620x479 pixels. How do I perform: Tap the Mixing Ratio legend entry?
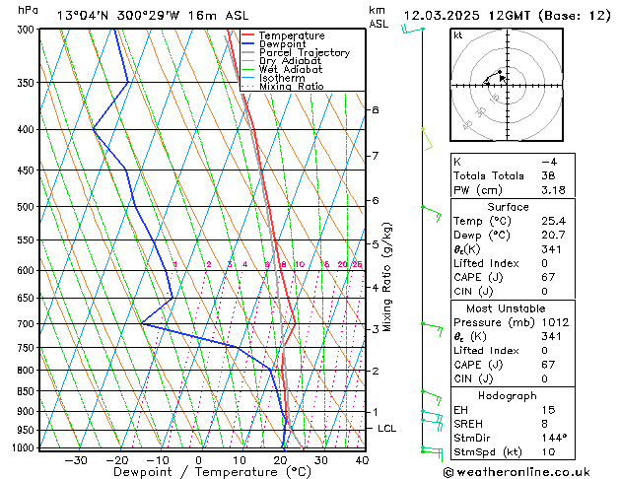click(291, 87)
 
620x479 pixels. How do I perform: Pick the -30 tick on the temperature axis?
click(76, 460)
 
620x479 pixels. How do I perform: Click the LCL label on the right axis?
click(387, 429)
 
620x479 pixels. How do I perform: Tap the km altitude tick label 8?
click(376, 109)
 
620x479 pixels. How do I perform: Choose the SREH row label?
click(469, 423)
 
